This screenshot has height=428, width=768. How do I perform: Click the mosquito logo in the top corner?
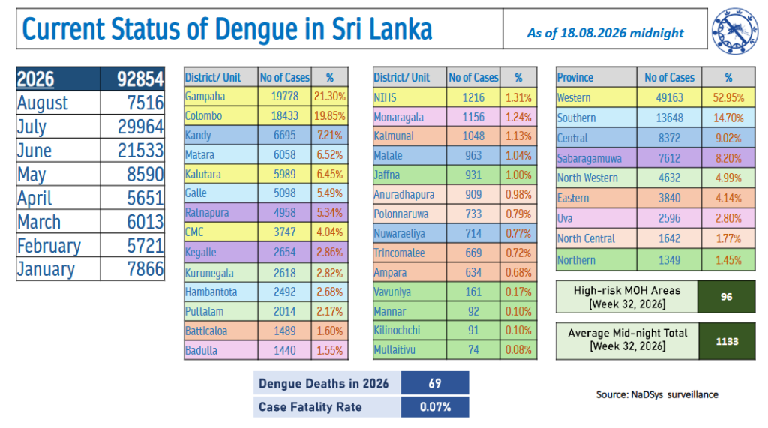point(735,31)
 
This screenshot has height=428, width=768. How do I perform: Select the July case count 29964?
point(140,127)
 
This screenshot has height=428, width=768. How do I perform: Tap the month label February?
point(49,246)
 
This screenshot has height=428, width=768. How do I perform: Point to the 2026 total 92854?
point(140,79)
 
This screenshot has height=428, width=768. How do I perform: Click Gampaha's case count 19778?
point(284,97)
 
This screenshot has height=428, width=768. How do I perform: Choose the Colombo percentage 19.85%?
point(330,116)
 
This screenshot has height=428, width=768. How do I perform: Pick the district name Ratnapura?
point(207,213)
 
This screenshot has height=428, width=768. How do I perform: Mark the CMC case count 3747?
point(284,232)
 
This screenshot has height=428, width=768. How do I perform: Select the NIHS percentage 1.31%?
point(518,97)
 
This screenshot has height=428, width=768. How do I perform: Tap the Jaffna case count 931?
point(473,175)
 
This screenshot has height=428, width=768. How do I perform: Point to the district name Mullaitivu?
point(394,350)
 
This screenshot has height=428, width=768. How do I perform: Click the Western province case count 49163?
point(669,98)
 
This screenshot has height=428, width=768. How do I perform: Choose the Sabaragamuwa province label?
point(589,159)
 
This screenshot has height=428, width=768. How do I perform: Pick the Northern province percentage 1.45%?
point(728,260)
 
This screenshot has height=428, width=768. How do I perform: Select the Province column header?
point(575,77)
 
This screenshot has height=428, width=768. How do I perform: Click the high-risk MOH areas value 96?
point(726,297)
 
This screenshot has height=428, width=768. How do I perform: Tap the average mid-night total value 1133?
point(727,341)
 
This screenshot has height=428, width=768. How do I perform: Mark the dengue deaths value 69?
point(435,383)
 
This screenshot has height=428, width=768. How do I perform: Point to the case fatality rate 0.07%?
point(435,407)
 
